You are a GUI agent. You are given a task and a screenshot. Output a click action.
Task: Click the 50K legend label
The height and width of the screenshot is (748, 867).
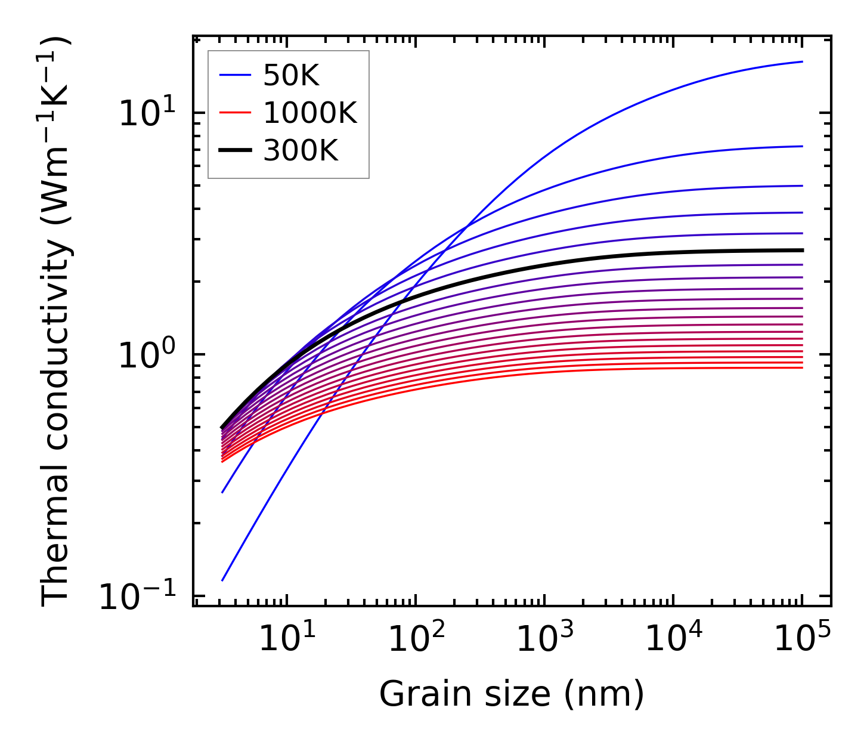click(291, 76)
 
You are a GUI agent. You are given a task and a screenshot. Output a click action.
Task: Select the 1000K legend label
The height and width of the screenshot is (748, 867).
click(310, 113)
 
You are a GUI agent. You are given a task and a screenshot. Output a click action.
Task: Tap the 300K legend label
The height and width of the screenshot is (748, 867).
click(301, 151)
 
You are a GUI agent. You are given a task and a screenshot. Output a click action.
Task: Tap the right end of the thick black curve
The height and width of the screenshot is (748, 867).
click(803, 251)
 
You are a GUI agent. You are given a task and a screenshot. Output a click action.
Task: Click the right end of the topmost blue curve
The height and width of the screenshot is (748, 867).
click(803, 61)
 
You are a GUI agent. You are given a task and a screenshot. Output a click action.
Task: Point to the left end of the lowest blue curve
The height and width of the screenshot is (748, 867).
click(222, 580)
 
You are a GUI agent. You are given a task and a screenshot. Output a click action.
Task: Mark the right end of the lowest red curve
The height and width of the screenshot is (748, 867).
click(803, 367)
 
